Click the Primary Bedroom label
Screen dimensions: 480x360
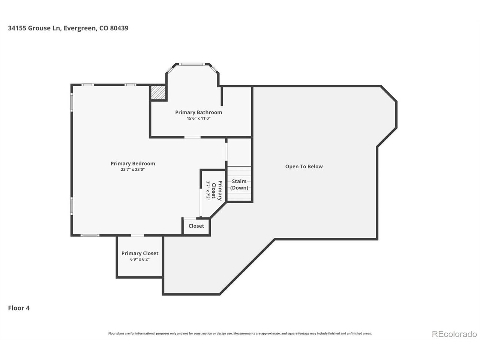point(133,163)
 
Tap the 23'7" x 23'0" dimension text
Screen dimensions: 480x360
point(133,169)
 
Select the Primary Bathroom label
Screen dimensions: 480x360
point(198,112)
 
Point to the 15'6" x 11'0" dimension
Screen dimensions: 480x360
point(198,118)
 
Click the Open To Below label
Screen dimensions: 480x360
point(304,166)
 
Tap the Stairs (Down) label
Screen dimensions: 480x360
point(239,184)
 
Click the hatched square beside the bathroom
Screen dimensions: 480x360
point(157,93)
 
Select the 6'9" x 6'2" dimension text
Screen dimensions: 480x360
point(140,259)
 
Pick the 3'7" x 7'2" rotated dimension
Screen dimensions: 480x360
point(208,190)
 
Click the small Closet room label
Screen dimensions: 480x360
point(196,226)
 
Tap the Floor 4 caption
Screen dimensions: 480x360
point(19,308)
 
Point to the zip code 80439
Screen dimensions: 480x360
point(119,28)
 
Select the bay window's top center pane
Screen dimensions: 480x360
point(192,64)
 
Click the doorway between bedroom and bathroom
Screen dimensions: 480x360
point(192,137)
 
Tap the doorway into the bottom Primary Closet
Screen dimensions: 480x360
point(138,235)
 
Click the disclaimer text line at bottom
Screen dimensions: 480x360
point(240,333)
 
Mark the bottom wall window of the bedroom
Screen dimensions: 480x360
point(90,235)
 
